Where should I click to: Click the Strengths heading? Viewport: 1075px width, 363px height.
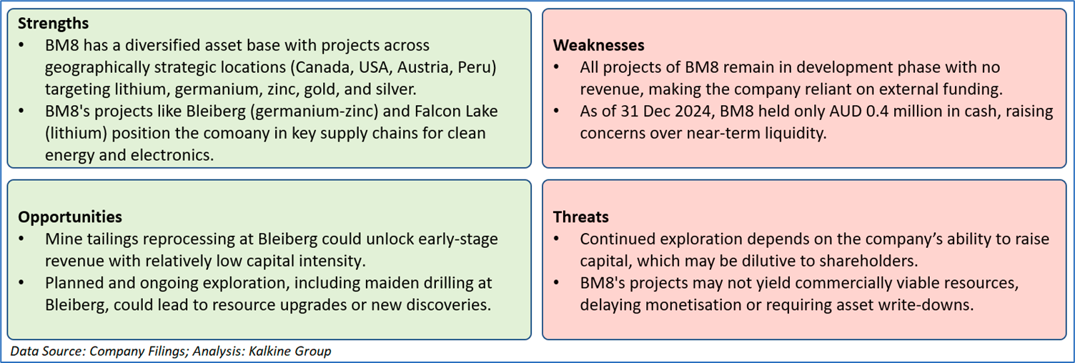[54, 23]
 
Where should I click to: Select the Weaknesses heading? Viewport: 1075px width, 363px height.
[598, 45]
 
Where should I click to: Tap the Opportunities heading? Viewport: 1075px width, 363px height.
[70, 217]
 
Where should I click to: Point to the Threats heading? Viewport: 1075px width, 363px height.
[580, 217]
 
